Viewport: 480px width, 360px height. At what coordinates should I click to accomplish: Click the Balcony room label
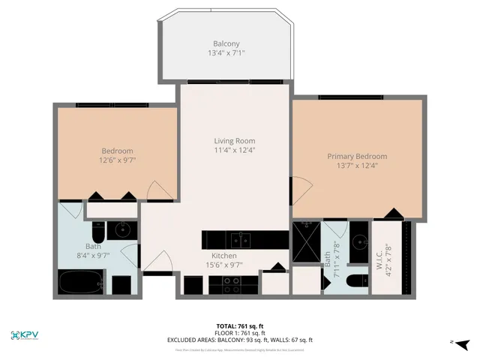click(x=226, y=43)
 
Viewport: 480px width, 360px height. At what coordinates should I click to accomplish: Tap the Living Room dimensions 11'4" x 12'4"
click(x=235, y=150)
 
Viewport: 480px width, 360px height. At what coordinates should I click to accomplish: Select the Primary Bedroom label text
click(x=357, y=156)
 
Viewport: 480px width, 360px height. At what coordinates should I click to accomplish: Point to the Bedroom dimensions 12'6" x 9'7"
click(x=118, y=160)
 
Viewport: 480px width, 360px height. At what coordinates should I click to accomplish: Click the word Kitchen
click(x=223, y=256)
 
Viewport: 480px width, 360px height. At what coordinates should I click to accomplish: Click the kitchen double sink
click(x=240, y=240)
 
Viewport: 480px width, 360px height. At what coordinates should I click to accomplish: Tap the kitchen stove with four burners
click(x=232, y=286)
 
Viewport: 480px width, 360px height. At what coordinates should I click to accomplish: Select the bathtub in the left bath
click(x=80, y=283)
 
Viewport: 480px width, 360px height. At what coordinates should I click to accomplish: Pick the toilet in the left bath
click(x=98, y=229)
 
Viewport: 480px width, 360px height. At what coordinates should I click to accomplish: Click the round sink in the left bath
click(x=121, y=229)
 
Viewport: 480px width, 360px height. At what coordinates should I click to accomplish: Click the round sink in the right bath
click(x=360, y=241)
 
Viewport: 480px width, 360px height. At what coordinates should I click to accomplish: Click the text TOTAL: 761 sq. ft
click(x=239, y=325)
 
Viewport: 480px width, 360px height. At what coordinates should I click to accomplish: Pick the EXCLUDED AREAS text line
click(x=239, y=340)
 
